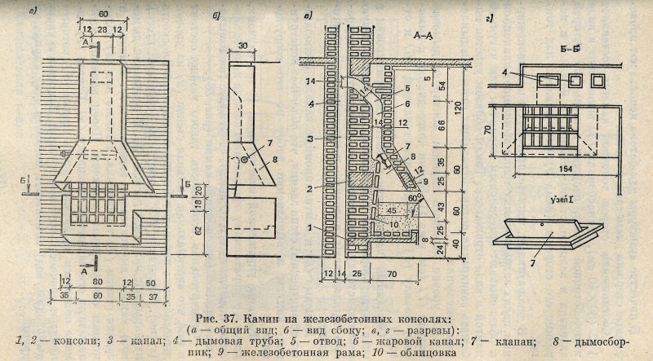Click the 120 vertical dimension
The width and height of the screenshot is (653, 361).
point(462,106)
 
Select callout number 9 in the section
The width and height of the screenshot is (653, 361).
point(424,192)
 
